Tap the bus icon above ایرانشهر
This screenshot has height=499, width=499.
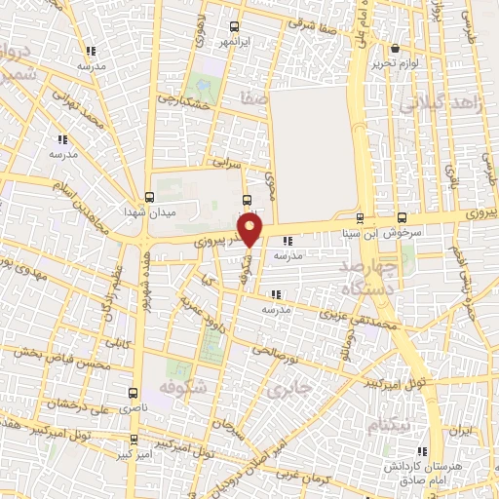(x=233, y=27)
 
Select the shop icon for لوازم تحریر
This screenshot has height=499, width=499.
(x=394, y=49)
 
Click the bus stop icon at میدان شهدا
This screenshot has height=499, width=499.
(x=148, y=195)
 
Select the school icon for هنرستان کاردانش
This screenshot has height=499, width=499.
(x=422, y=450)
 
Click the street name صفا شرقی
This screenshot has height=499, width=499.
(x=312, y=28)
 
